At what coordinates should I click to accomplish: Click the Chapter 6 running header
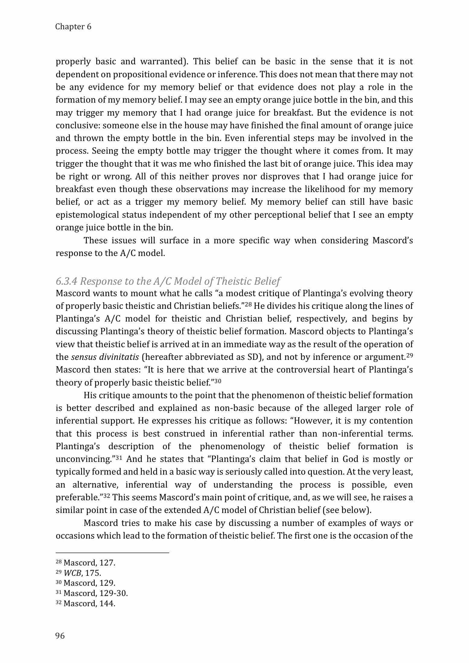pos(73,27)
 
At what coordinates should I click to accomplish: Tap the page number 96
pos(60,636)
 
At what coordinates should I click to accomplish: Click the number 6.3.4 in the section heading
pos(67,281)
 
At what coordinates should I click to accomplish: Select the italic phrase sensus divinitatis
pos(105,357)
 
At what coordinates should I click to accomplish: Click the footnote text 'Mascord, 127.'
pos(89,563)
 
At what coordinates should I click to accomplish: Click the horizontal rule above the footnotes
pos(112,553)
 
